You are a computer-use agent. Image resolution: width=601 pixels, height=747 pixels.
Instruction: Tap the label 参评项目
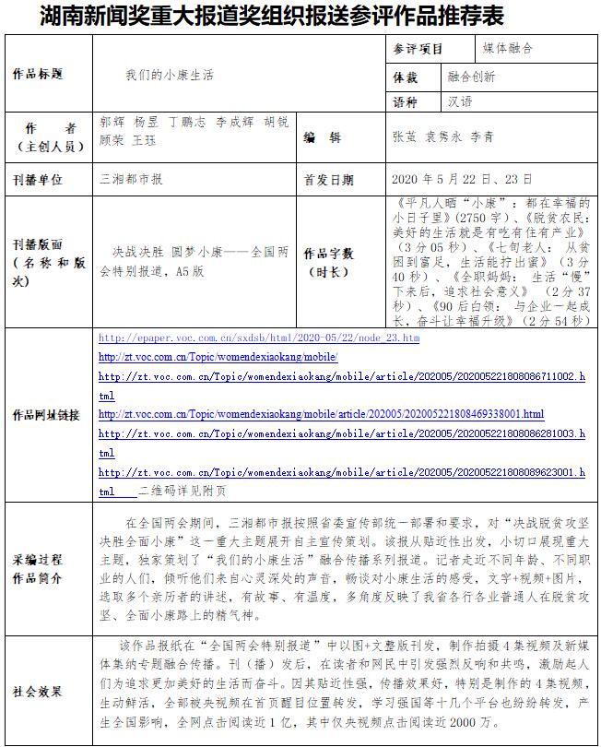pyautogui.click(x=418, y=48)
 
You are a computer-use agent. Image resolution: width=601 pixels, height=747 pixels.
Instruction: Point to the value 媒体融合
pyautogui.click(x=508, y=48)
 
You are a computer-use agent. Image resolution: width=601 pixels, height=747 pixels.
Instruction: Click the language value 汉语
pyautogui.click(x=458, y=102)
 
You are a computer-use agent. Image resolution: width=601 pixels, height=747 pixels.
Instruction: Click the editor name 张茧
pyautogui.click(x=404, y=136)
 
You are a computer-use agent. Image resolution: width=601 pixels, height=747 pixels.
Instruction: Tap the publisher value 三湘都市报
pyautogui.click(x=131, y=178)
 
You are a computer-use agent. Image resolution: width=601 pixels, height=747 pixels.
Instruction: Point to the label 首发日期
pyautogui.click(x=328, y=179)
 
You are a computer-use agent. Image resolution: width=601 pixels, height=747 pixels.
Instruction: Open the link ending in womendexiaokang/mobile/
pyautogui.click(x=218, y=358)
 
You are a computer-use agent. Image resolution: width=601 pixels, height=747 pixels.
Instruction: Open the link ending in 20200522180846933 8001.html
pyautogui.click(x=321, y=414)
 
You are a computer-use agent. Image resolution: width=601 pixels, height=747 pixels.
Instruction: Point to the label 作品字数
pyautogui.click(x=328, y=254)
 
